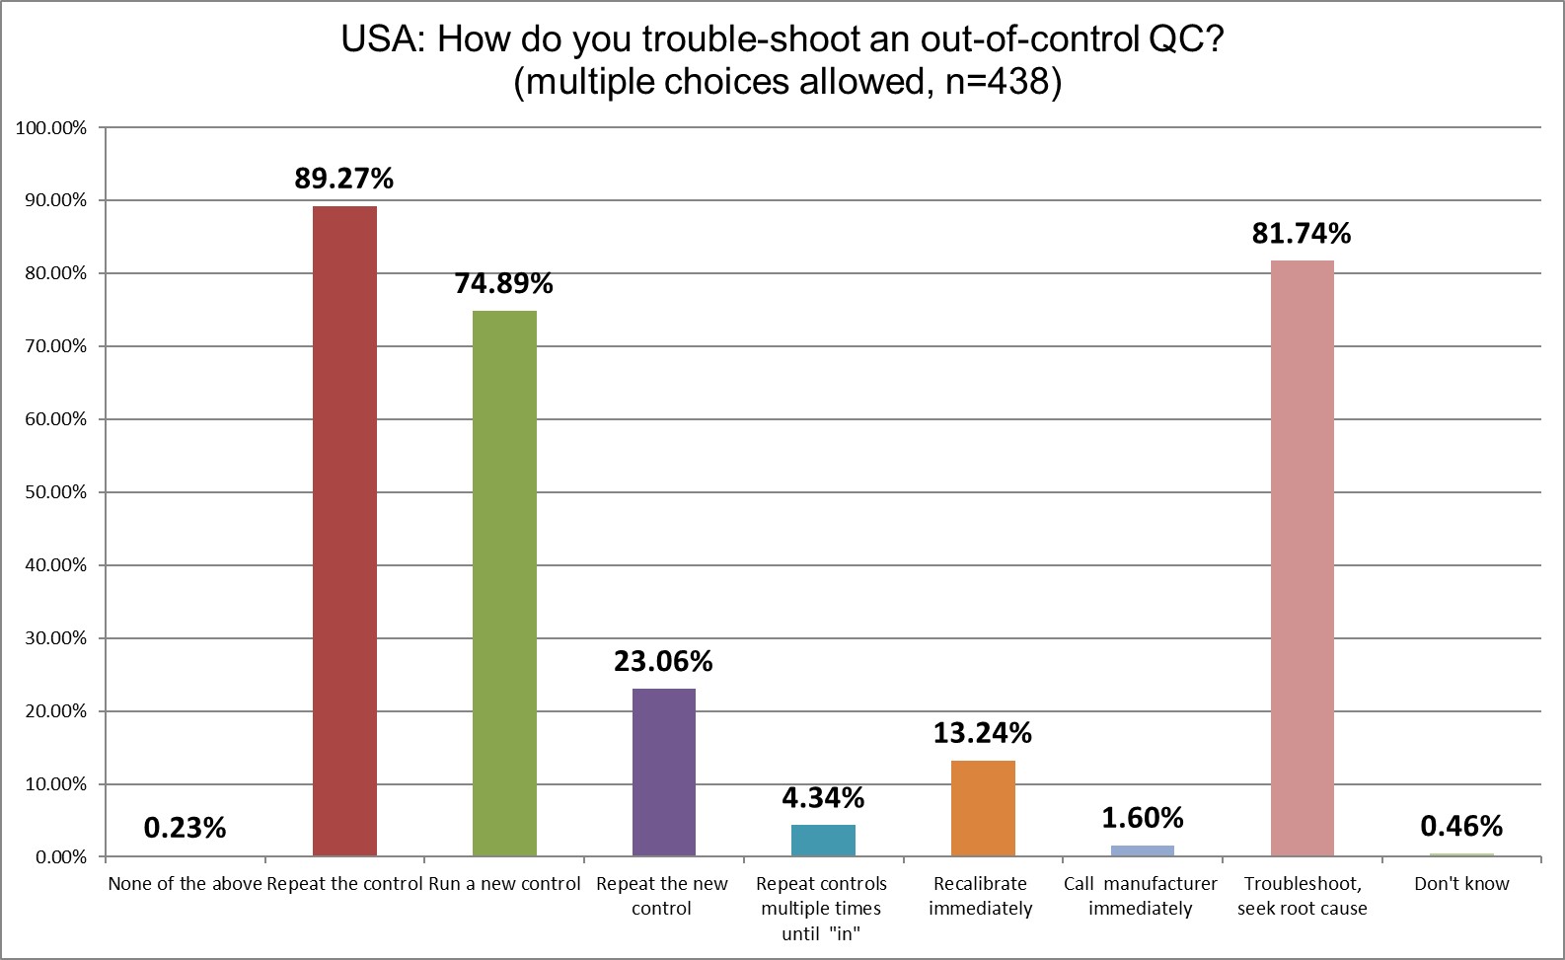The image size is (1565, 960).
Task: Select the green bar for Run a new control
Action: (x=504, y=583)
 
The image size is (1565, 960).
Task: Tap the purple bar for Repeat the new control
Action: (x=663, y=772)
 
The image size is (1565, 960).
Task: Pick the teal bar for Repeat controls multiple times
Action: (x=823, y=841)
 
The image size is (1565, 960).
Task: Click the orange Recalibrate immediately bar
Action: (x=983, y=808)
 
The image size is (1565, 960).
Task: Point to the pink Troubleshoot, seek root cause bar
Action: (x=1302, y=558)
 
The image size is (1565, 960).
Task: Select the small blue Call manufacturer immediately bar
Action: (x=1142, y=850)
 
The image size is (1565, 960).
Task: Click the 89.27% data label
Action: (x=343, y=179)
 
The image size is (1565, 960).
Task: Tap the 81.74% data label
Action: (x=1301, y=234)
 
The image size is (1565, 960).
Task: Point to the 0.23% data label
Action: (x=185, y=828)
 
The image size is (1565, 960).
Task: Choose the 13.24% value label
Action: (x=982, y=733)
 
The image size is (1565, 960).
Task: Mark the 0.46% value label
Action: (x=1461, y=826)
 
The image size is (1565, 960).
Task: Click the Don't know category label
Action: (x=1461, y=884)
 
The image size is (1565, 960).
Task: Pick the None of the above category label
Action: (x=185, y=884)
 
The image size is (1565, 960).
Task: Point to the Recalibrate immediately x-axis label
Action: (x=980, y=896)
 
